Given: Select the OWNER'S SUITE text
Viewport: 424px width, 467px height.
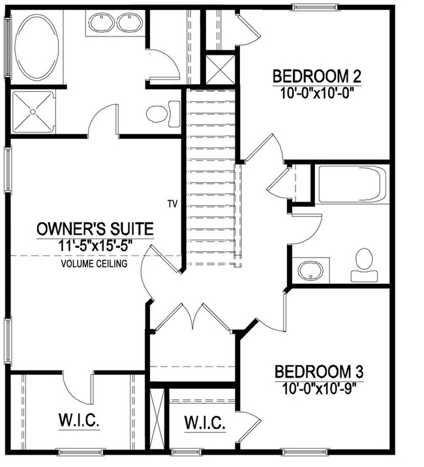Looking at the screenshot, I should pyautogui.click(x=95, y=229).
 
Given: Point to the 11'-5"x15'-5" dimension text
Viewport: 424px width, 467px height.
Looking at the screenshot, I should pyautogui.click(x=96, y=248).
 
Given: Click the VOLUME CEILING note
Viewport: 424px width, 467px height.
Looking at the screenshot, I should pyautogui.click(x=94, y=264).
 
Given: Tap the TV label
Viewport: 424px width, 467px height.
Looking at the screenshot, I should pyautogui.click(x=172, y=203).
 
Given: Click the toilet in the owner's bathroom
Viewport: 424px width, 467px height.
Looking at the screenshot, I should pyautogui.click(x=160, y=113).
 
